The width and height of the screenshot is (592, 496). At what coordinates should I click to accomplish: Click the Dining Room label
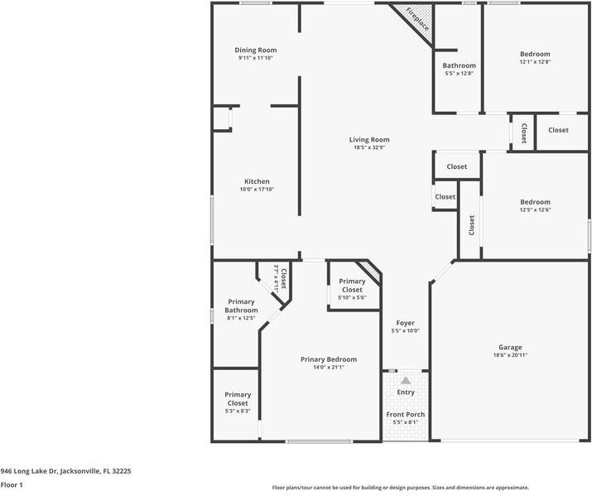(255, 50)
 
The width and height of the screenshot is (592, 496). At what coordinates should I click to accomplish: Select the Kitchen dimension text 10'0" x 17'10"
(256, 190)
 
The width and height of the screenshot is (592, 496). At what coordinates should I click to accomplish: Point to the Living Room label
(368, 140)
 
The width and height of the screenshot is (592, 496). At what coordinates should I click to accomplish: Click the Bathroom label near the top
(459, 65)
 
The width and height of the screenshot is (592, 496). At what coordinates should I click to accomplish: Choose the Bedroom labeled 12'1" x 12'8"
(534, 54)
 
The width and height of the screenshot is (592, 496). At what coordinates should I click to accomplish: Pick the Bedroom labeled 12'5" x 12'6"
(534, 202)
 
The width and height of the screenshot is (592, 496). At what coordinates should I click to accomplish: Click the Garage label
(509, 347)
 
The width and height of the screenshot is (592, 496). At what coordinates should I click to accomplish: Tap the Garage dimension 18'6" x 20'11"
(509, 355)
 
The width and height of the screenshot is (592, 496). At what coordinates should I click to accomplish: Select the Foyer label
(405, 323)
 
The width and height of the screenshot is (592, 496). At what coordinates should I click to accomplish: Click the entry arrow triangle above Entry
(406, 379)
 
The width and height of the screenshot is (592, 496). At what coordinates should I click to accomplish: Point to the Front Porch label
(405, 414)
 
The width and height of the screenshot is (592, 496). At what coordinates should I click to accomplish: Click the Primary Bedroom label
(328, 359)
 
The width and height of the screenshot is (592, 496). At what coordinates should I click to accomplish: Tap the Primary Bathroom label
(241, 306)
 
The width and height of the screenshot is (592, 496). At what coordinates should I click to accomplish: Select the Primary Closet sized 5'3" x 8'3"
(237, 399)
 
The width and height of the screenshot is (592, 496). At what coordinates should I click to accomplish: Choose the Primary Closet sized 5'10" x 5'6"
(352, 286)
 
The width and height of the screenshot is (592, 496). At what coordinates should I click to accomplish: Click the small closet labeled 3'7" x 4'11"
(280, 277)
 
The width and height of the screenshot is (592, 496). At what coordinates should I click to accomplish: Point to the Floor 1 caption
(12, 485)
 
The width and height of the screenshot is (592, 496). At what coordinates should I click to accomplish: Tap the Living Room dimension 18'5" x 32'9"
(368, 148)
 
